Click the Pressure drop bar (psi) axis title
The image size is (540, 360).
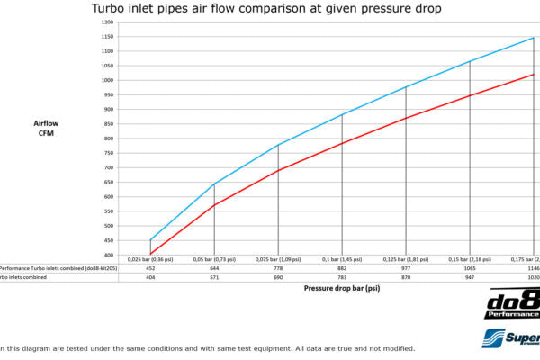pyautogui.click(x=342, y=291)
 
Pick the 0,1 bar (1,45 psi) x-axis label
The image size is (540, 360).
pyautogui.click(x=342, y=259)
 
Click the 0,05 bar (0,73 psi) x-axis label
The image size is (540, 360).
pyautogui.click(x=214, y=259)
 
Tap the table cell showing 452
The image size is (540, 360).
pyautogui.click(x=151, y=268)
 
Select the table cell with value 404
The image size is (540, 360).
pyautogui.click(x=151, y=278)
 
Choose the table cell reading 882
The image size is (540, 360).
pyautogui.click(x=342, y=268)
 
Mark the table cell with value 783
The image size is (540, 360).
pyautogui.click(x=342, y=278)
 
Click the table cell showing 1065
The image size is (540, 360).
pyautogui.click(x=469, y=268)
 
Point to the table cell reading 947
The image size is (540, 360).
pyautogui.click(x=469, y=278)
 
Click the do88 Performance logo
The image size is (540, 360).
pyautogui.click(x=512, y=305)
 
